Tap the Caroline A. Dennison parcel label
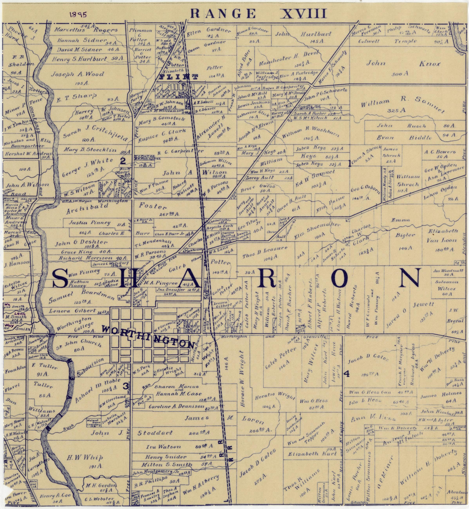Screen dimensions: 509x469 coord(177,406)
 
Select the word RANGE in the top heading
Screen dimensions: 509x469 coord(223,14)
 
